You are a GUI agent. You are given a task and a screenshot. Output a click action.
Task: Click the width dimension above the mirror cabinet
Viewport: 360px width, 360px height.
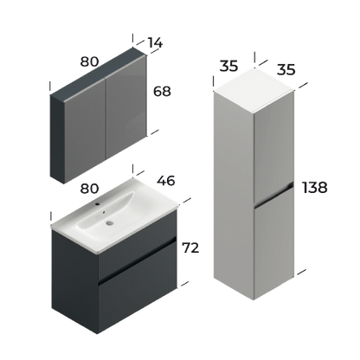pos(88,61)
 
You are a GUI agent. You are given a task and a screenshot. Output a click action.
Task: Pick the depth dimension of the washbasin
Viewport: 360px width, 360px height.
pos(166,181)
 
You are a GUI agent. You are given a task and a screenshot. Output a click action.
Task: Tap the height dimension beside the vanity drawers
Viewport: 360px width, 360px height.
pos(192,247)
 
